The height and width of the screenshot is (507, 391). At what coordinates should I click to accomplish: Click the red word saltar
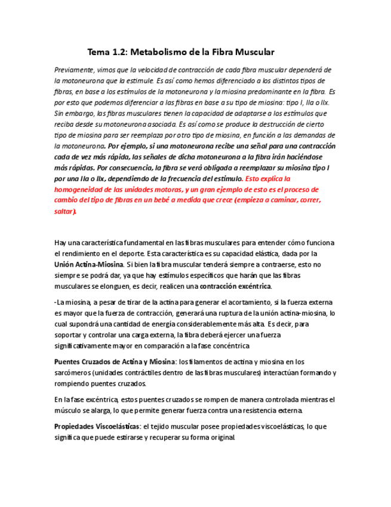[x=64, y=211]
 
